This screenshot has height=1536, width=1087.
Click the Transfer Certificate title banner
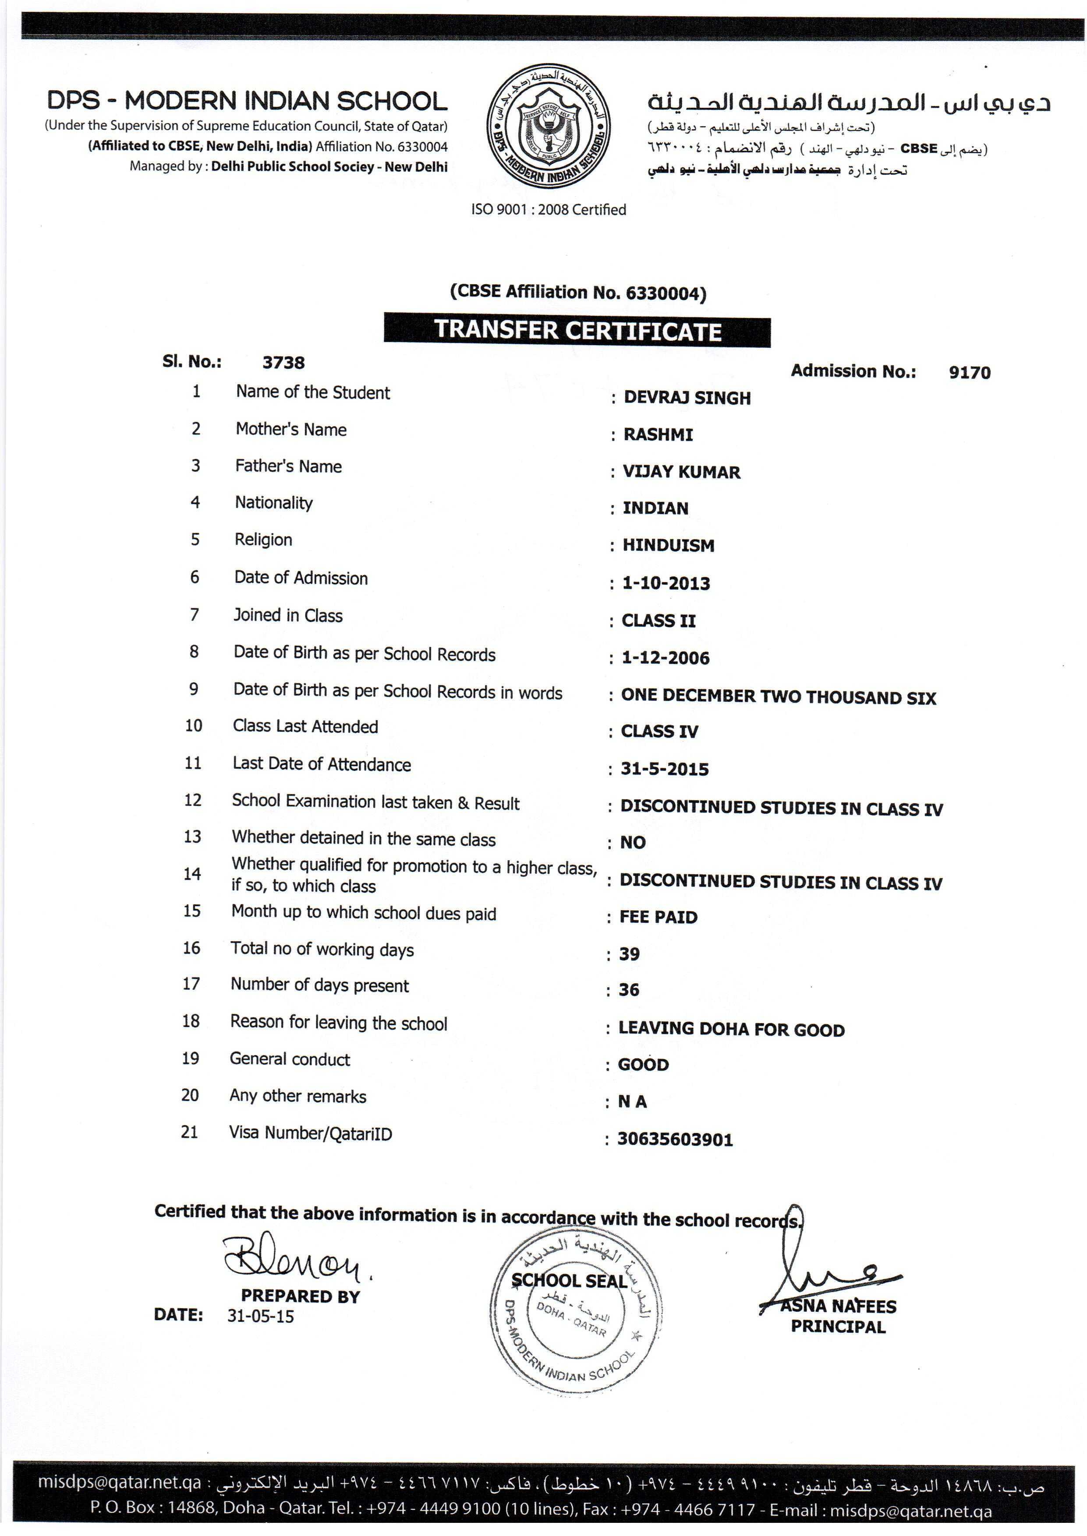coord(577,331)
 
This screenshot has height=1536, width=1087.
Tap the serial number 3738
coord(283,363)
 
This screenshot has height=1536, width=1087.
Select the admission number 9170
coord(969,373)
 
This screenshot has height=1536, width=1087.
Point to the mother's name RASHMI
coord(658,435)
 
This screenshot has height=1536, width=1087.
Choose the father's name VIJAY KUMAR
coord(681,472)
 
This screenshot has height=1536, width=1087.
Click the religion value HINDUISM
coord(668,546)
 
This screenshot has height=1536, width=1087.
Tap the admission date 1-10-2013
coord(666,583)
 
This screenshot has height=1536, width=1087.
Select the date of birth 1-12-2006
coord(666,658)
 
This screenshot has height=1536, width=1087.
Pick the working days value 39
coord(629,954)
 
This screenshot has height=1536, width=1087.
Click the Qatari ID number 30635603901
coord(675,1139)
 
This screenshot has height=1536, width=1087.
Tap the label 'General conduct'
coord(290,1059)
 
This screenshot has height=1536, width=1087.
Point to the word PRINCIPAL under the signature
coord(838,1327)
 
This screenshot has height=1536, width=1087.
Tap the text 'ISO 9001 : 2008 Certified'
coord(548,209)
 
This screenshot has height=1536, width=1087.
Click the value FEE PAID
coord(658,917)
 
